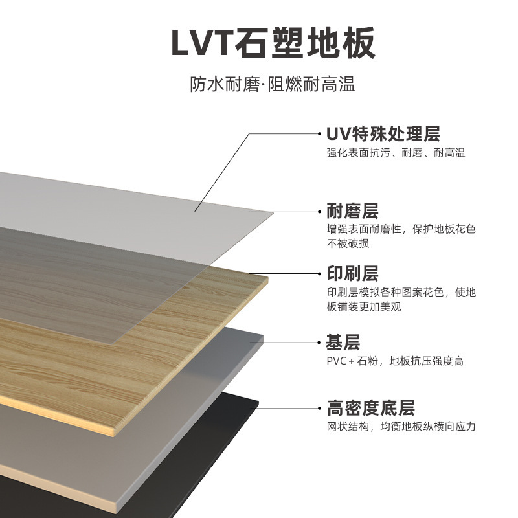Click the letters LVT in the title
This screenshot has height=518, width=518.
coord(200,44)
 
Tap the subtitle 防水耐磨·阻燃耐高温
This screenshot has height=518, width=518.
coord(273,85)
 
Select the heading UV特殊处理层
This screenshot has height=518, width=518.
coord(383,134)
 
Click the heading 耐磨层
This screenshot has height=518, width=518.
coord(352,211)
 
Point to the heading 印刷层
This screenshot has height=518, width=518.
coord(352,273)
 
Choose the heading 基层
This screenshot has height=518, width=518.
coord(343,342)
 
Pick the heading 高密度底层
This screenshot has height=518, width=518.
coord(370,408)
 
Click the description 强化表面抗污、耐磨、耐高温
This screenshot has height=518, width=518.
coord(396,153)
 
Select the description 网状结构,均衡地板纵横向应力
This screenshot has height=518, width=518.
coord(401,427)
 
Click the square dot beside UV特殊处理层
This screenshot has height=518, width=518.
coord(320,135)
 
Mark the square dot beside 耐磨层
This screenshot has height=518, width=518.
coord(320,212)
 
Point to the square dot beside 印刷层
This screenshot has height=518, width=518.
coord(320,274)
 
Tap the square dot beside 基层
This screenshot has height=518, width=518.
coord(320,343)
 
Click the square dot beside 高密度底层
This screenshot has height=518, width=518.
coord(320,409)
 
